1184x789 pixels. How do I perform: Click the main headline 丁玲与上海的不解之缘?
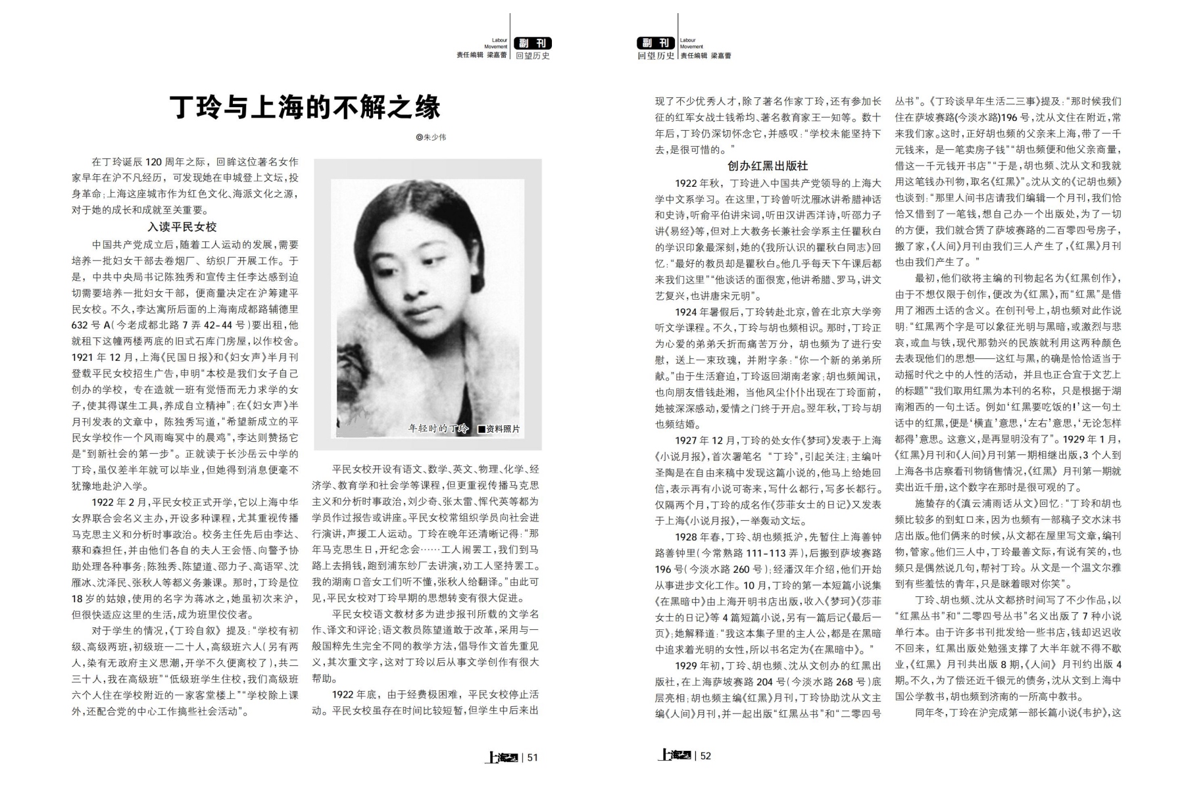coord(305,107)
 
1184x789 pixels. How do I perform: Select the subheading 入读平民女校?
coord(182,227)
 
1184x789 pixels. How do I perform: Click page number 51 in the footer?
coord(533,757)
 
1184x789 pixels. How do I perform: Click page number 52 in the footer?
coord(705,756)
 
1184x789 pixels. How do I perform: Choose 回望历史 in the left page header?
coord(533,56)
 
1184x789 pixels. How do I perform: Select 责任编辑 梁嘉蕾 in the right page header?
coord(706,56)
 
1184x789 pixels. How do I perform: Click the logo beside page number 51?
coord(501,757)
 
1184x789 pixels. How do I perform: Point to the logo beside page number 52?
coord(674,756)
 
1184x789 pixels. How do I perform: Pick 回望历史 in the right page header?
coord(656,56)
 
